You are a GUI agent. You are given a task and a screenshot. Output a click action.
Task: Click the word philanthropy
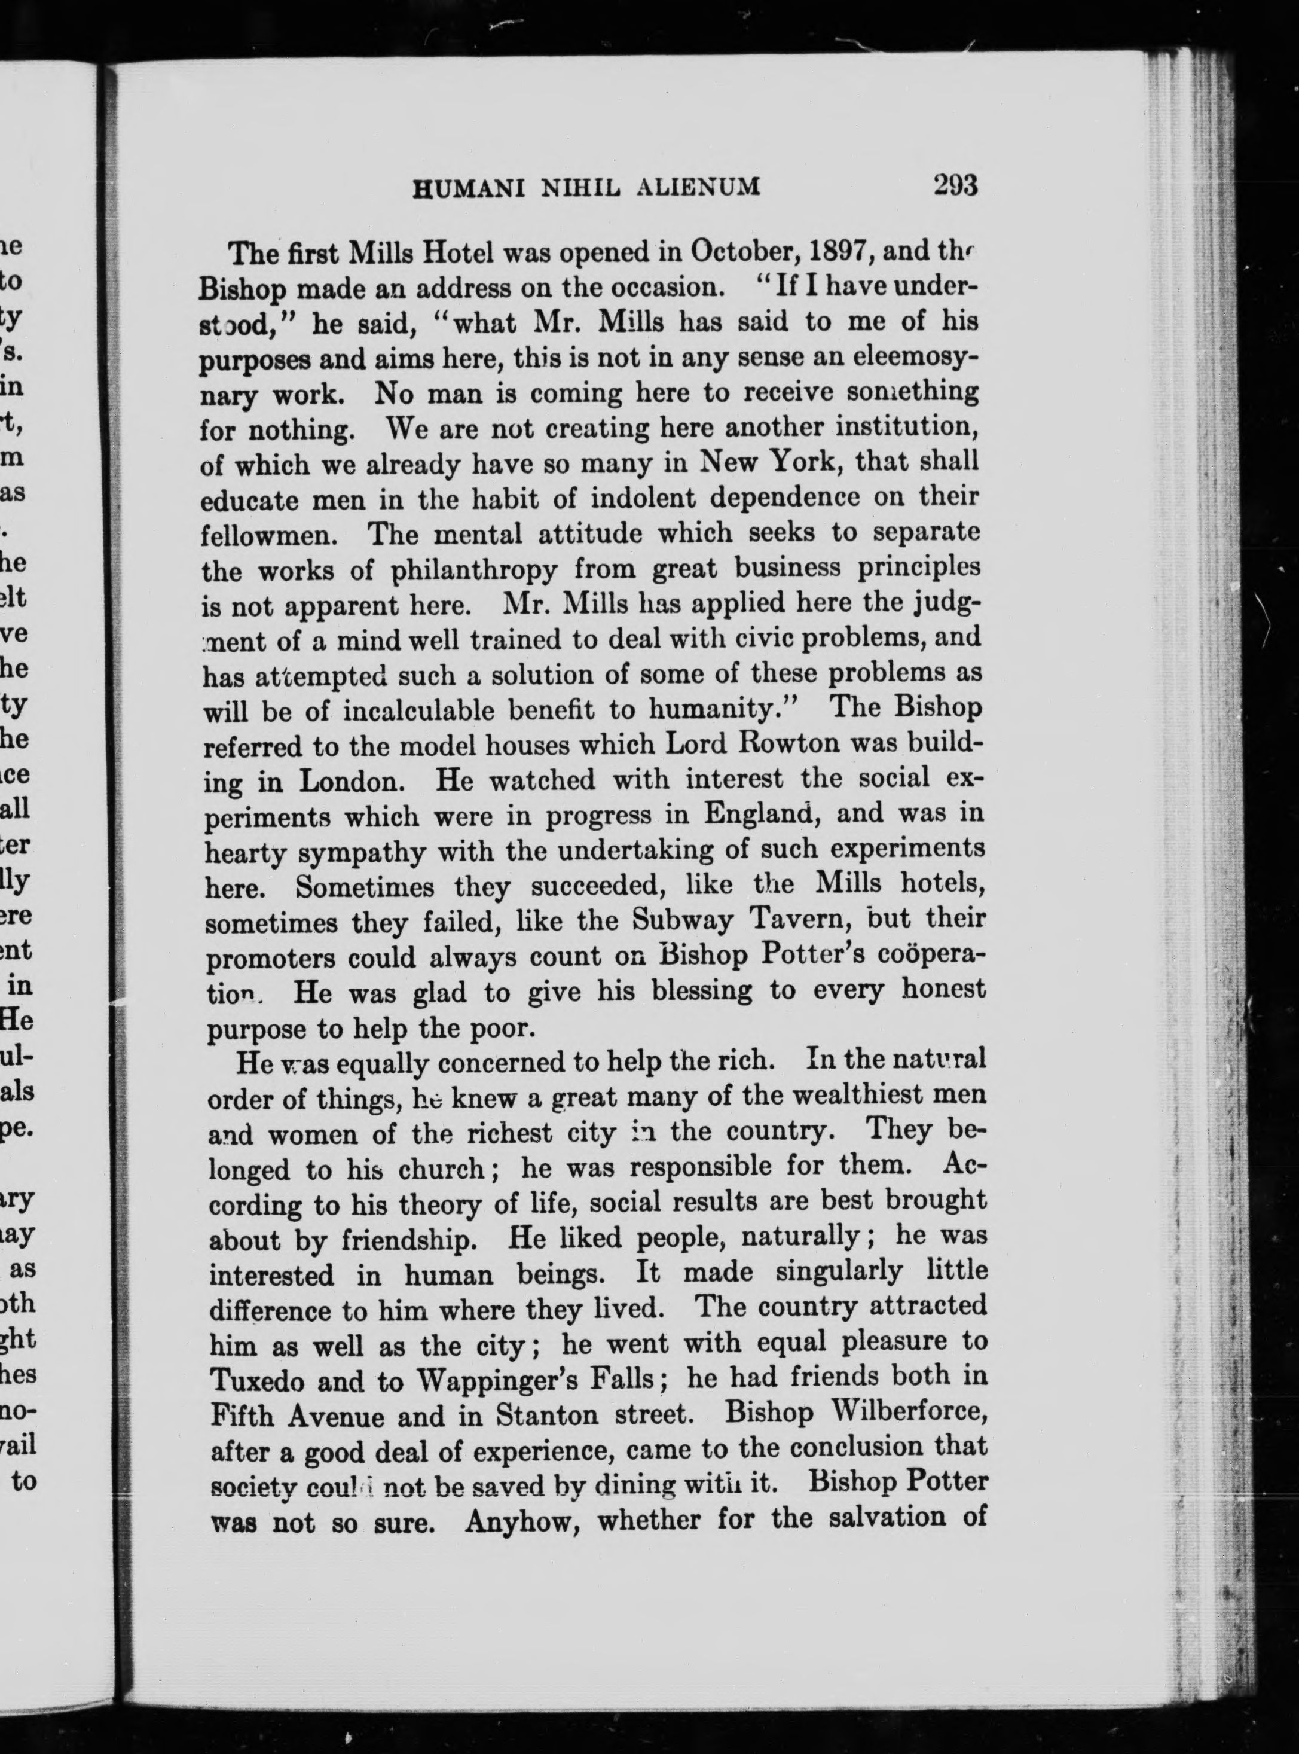click(x=474, y=569)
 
